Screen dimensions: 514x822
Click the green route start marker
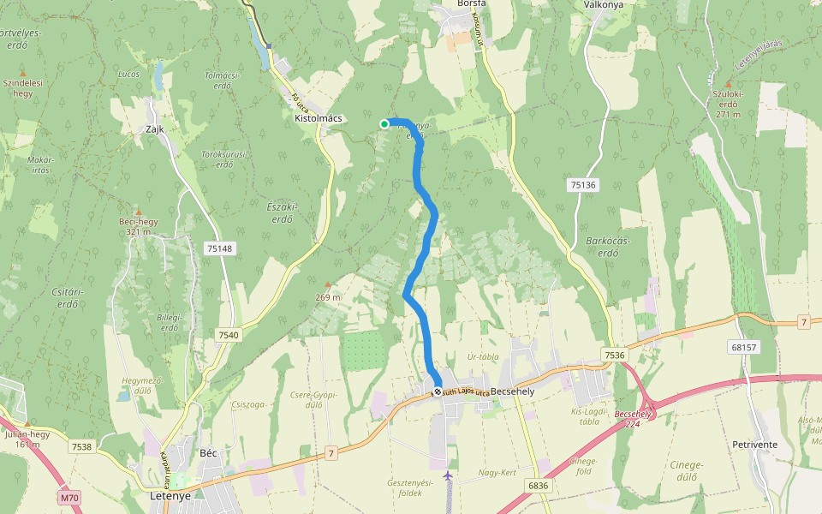pos(384,124)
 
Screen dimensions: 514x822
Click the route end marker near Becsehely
pos(438,391)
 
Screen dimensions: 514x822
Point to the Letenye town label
pos(170,495)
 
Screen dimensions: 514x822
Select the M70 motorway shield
pos(68,497)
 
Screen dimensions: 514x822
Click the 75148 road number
pos(218,248)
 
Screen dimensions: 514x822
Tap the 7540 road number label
pos(228,335)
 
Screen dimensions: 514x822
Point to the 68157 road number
pos(743,347)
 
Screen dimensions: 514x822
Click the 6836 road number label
pos(538,486)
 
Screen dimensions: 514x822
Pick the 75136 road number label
pos(581,184)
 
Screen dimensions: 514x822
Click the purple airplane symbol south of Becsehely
pos(447,475)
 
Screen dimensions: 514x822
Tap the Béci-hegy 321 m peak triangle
pos(138,212)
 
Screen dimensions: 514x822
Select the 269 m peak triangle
pos(327,285)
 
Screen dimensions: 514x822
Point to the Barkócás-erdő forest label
pos(608,247)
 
